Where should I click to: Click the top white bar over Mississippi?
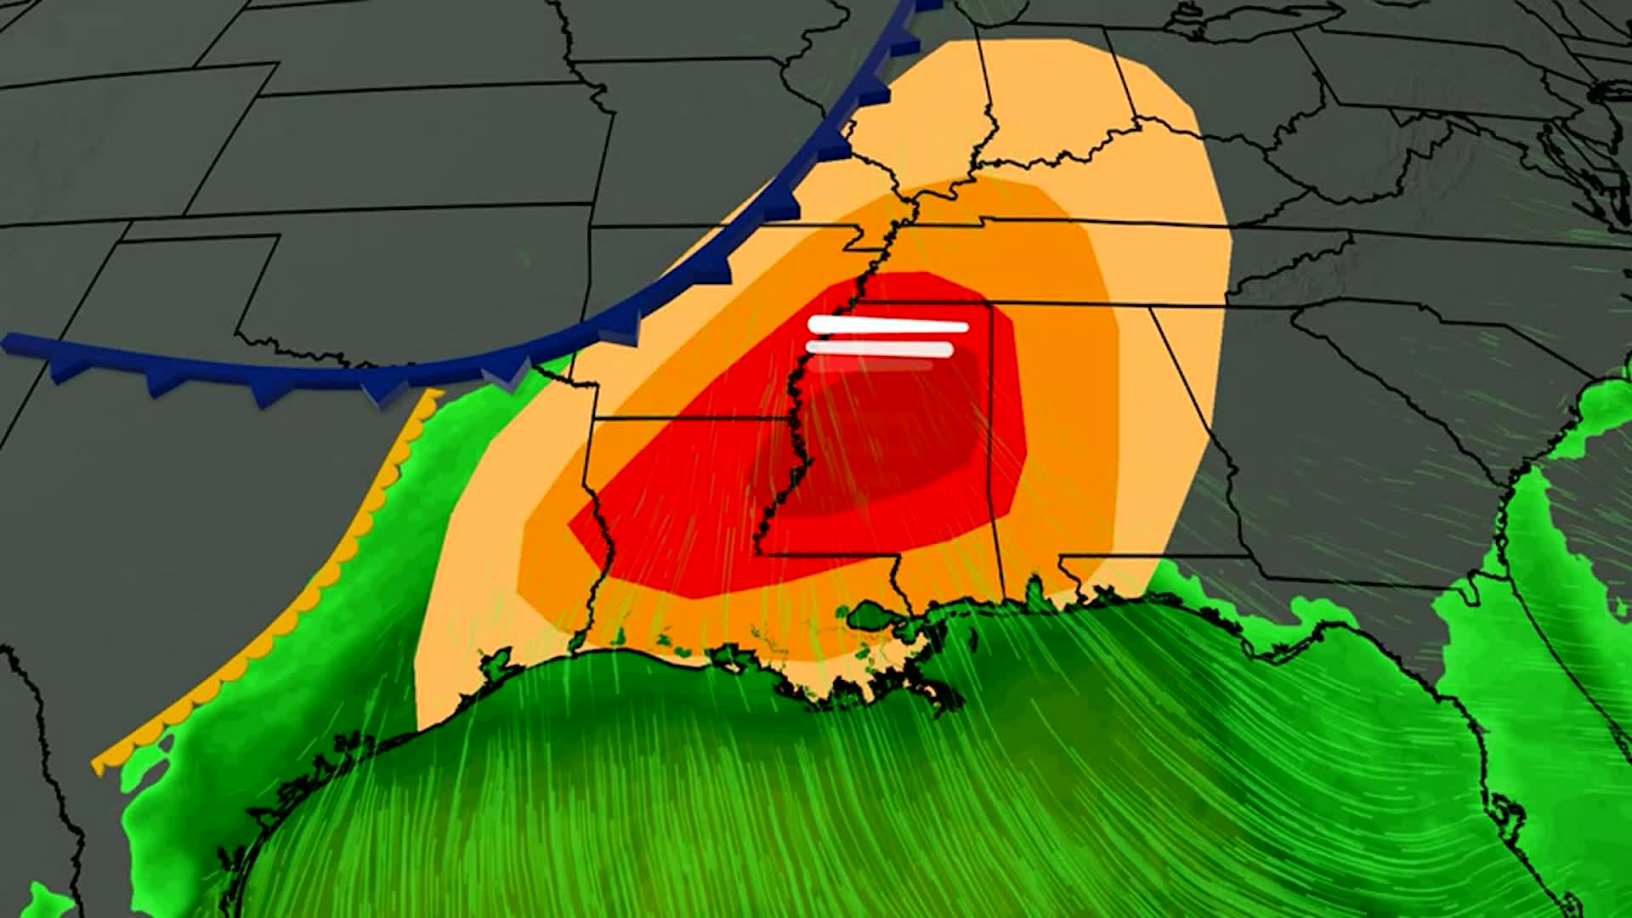tap(888, 326)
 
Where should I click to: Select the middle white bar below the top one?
tap(880, 348)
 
